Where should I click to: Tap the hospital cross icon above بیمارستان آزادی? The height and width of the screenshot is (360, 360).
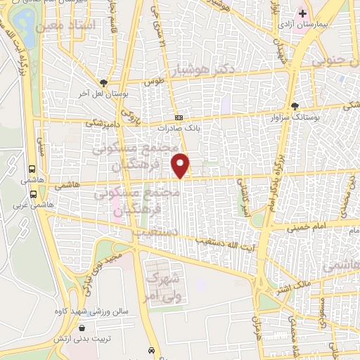click(302, 13)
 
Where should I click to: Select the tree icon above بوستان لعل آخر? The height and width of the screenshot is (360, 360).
click(103, 82)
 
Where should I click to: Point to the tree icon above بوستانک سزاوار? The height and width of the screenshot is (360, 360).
click(294, 106)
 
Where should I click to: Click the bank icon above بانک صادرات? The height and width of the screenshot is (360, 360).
click(179, 118)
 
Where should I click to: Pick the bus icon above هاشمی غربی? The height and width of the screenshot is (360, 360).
click(32, 169)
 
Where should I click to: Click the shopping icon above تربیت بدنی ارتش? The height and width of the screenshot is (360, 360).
click(83, 328)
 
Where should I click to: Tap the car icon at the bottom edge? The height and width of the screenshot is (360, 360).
click(152, 350)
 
